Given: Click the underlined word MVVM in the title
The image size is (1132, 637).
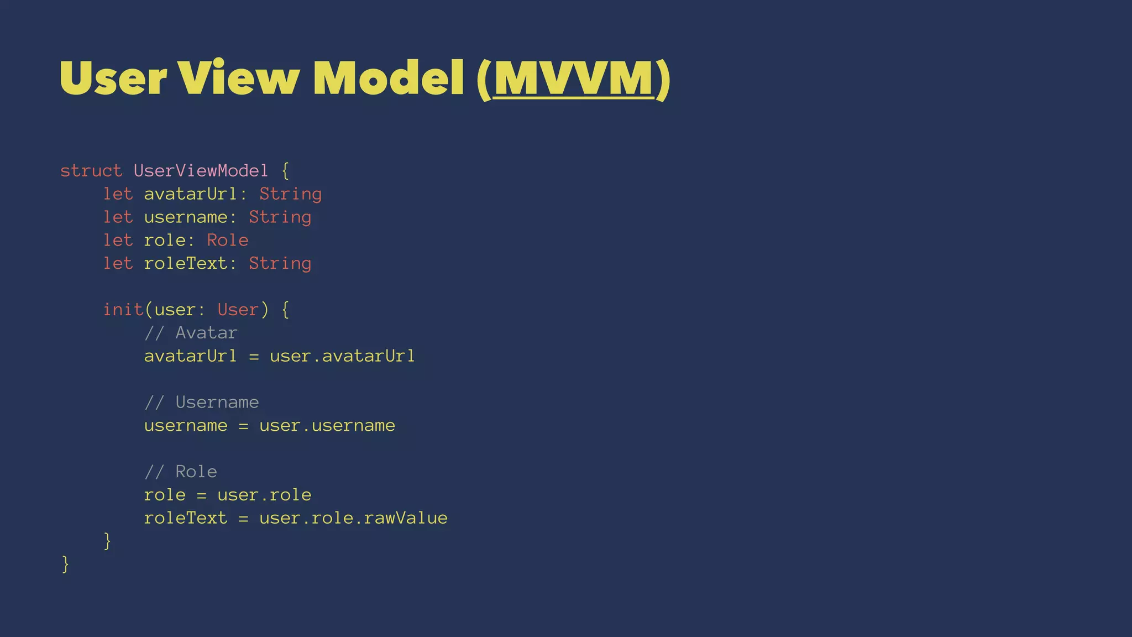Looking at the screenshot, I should [x=574, y=79].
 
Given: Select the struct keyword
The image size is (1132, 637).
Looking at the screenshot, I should [x=91, y=171].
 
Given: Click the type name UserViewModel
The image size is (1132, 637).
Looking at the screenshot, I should [x=201, y=171].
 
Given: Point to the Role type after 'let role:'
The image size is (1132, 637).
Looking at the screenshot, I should [x=227, y=240].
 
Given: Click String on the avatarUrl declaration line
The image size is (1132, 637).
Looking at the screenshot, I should [x=290, y=194].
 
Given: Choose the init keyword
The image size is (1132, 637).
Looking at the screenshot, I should [x=123, y=310].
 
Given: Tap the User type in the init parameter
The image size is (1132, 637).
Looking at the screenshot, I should [x=238, y=310].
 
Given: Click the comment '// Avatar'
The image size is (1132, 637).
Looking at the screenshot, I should [x=191, y=333].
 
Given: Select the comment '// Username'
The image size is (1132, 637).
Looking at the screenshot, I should [x=201, y=402].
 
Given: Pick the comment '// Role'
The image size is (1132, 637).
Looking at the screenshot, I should [x=180, y=472].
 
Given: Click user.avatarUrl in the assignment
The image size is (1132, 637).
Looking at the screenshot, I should [x=342, y=356].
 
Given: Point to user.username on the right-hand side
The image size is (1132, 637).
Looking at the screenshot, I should [x=327, y=426].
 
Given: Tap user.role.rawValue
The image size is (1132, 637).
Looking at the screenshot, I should [x=353, y=518].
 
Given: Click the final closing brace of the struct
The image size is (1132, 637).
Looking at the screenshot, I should [x=65, y=564].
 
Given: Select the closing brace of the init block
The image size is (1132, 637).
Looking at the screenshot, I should [x=107, y=541].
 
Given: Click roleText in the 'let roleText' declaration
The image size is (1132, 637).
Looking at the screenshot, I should [x=185, y=263].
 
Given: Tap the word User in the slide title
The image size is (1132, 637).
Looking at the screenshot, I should [x=113, y=79].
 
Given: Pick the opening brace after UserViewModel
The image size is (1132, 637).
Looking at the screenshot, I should [x=285, y=171].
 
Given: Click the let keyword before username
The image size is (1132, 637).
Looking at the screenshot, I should [x=118, y=217].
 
